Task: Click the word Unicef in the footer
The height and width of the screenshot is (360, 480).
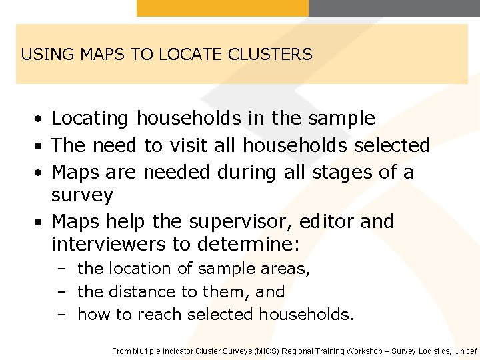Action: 465,351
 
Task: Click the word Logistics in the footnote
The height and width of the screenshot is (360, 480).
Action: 432,351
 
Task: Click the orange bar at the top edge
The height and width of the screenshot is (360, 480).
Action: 223,7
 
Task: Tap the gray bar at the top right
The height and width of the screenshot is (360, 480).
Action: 394,7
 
